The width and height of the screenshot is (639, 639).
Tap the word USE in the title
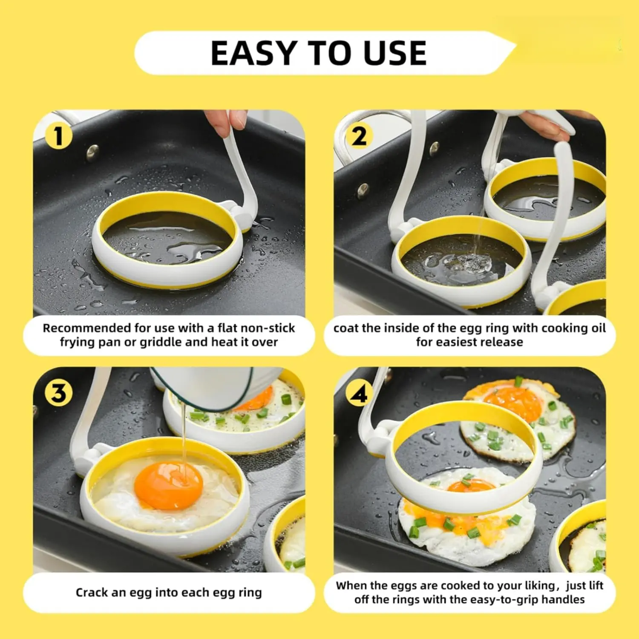(x=395, y=53)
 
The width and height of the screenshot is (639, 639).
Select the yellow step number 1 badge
(x=58, y=136)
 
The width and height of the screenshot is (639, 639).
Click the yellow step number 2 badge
(x=359, y=136)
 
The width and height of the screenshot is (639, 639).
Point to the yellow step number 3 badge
(x=58, y=393)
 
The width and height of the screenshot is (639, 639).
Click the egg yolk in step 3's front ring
(x=168, y=485)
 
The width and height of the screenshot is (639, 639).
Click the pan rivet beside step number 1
(x=92, y=151)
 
